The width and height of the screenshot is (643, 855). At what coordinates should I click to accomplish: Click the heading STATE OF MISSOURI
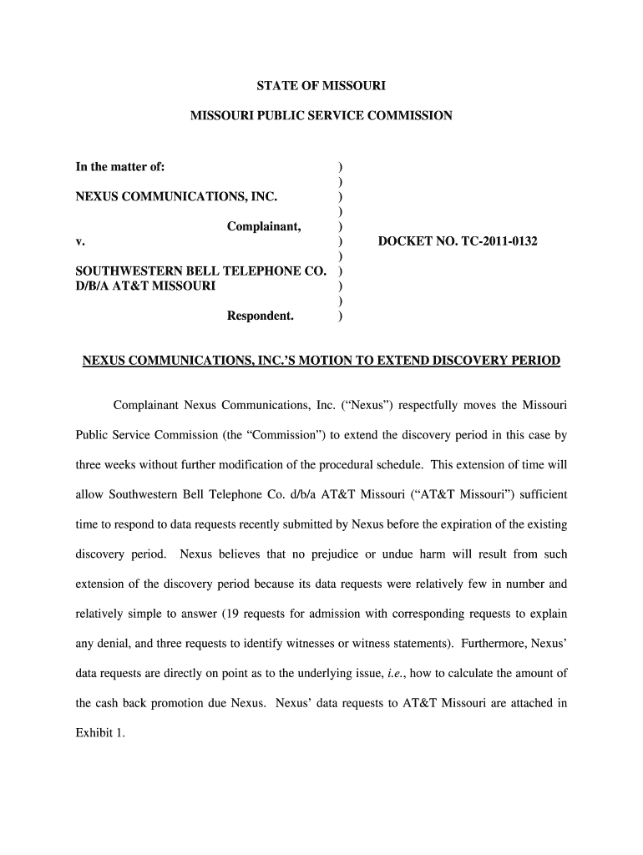[x=321, y=85]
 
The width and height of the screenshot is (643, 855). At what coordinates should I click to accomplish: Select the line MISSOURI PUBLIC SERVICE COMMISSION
[x=321, y=116]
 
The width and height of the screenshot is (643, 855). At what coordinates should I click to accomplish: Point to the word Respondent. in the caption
[x=261, y=316]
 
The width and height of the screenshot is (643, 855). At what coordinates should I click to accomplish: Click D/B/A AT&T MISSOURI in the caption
[x=145, y=286]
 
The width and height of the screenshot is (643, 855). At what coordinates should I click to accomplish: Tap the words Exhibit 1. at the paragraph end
[x=100, y=734]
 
